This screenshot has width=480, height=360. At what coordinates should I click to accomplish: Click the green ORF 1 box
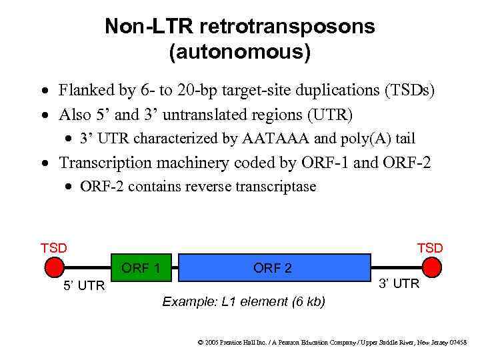pyautogui.click(x=141, y=268)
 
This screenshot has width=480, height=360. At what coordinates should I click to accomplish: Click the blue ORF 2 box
pyautogui.click(x=273, y=267)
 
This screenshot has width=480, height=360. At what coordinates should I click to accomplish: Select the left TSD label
pyautogui.click(x=54, y=248)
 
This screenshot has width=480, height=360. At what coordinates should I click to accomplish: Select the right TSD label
pyautogui.click(x=430, y=248)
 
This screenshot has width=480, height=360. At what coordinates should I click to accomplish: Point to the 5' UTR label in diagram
pyautogui.click(x=84, y=286)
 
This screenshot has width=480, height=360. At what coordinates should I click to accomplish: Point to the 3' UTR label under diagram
pyautogui.click(x=399, y=284)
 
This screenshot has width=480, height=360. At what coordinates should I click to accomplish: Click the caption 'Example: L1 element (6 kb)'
pyautogui.click(x=244, y=302)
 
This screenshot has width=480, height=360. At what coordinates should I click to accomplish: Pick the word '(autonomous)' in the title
pyautogui.click(x=240, y=52)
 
